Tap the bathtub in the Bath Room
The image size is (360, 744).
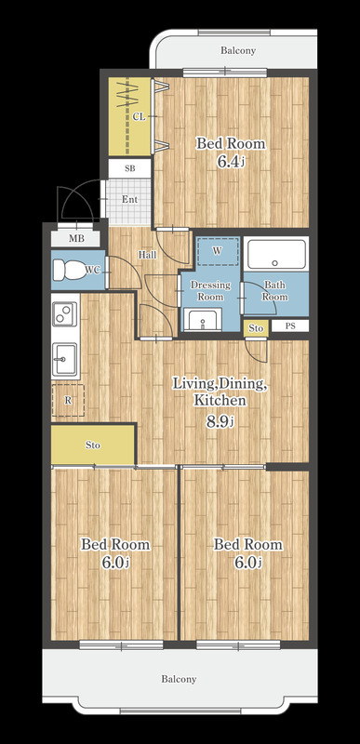click(277, 254)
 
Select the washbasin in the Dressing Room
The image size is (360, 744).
click(203, 319)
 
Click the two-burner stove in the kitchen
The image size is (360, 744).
click(65, 313)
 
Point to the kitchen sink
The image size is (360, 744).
click(64, 359)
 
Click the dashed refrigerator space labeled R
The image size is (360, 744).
click(68, 401)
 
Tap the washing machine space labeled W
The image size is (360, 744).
click(217, 251)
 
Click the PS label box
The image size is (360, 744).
click(290, 326)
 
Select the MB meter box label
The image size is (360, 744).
click(76, 239)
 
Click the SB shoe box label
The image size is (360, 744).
click(129, 168)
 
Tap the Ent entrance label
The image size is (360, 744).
click(129, 199)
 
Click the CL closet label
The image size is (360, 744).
click(139, 117)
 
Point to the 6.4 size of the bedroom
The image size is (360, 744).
click(231, 162)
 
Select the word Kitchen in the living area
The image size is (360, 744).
click(220, 400)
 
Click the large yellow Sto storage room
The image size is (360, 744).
click(93, 445)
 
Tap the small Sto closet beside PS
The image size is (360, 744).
click(256, 328)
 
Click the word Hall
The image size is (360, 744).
click(148, 254)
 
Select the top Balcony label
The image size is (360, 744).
click(238, 50)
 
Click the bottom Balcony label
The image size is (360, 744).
click(179, 679)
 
